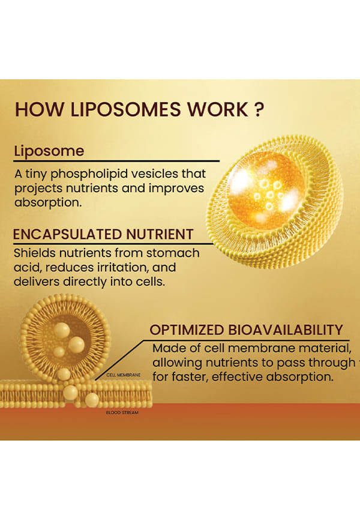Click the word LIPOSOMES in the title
coord(125,109)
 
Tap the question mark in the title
coord(260,109)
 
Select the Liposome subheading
coord(49,151)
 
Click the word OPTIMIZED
coord(187,330)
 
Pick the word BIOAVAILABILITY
coord(286,330)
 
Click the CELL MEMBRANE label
coord(124,375)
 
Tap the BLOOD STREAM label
coord(122,413)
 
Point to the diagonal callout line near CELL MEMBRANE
coord(119,360)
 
